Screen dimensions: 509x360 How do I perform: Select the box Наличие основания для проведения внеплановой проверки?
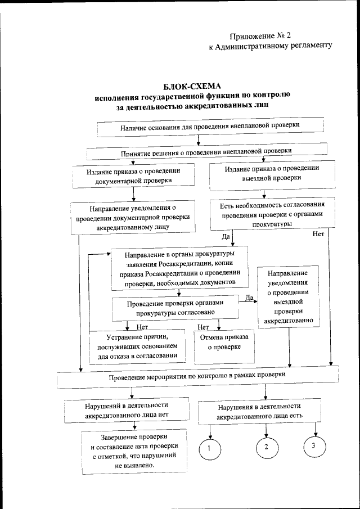coord(210,127)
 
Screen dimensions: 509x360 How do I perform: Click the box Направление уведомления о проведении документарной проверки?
coord(133,218)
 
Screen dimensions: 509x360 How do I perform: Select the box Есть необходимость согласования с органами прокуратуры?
coord(272,214)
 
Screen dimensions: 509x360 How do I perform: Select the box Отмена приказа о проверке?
coord(224,345)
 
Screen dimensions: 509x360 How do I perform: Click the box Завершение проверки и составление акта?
coord(134,452)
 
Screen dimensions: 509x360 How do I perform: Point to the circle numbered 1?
coord(209,448)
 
